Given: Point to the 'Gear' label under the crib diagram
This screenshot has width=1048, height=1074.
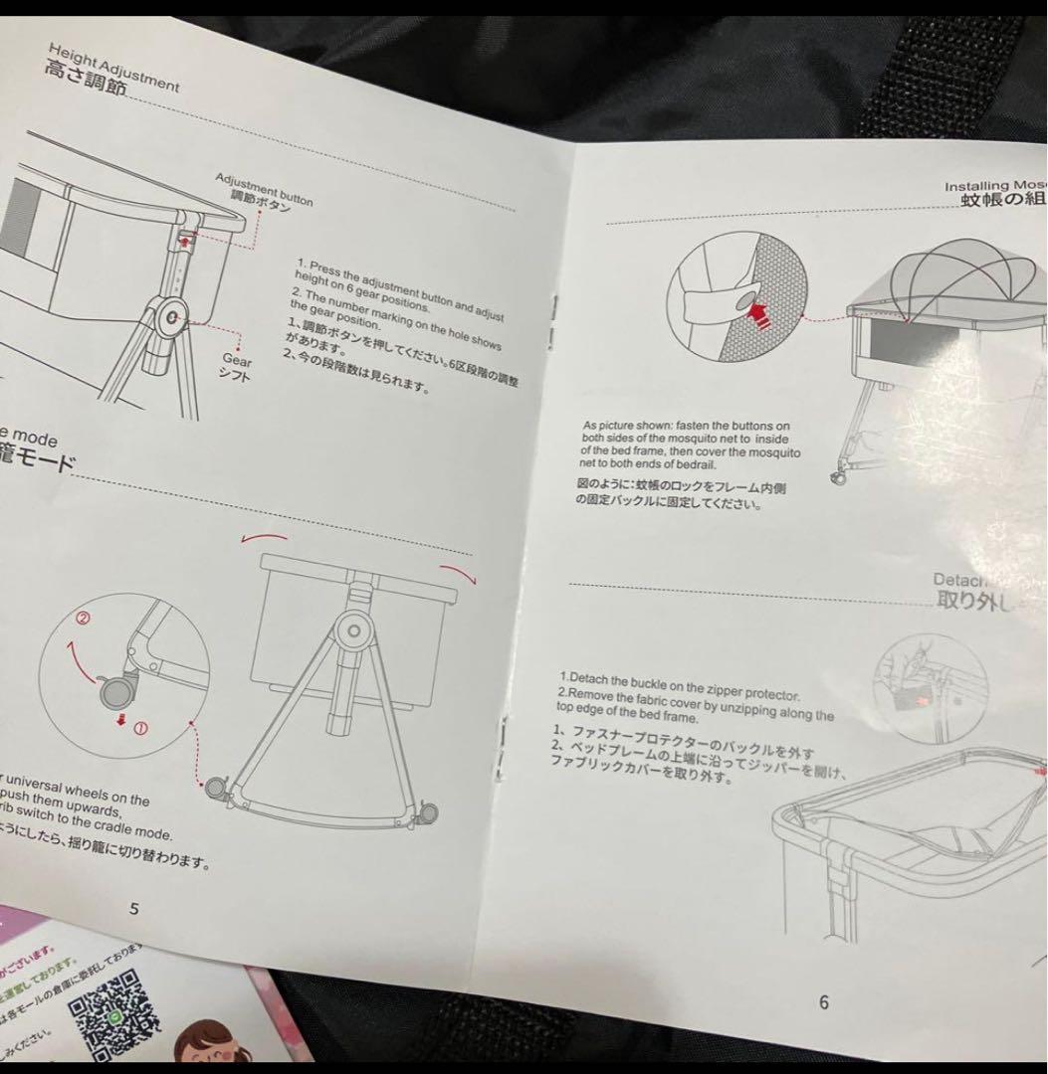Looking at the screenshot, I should point(237,362).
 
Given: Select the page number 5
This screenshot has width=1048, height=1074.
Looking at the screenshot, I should point(135,907).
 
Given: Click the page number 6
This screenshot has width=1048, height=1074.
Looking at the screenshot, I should point(823,1002).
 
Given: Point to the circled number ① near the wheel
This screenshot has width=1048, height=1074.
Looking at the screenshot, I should point(140,728).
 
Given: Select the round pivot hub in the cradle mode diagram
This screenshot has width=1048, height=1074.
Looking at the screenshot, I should point(349,629).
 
